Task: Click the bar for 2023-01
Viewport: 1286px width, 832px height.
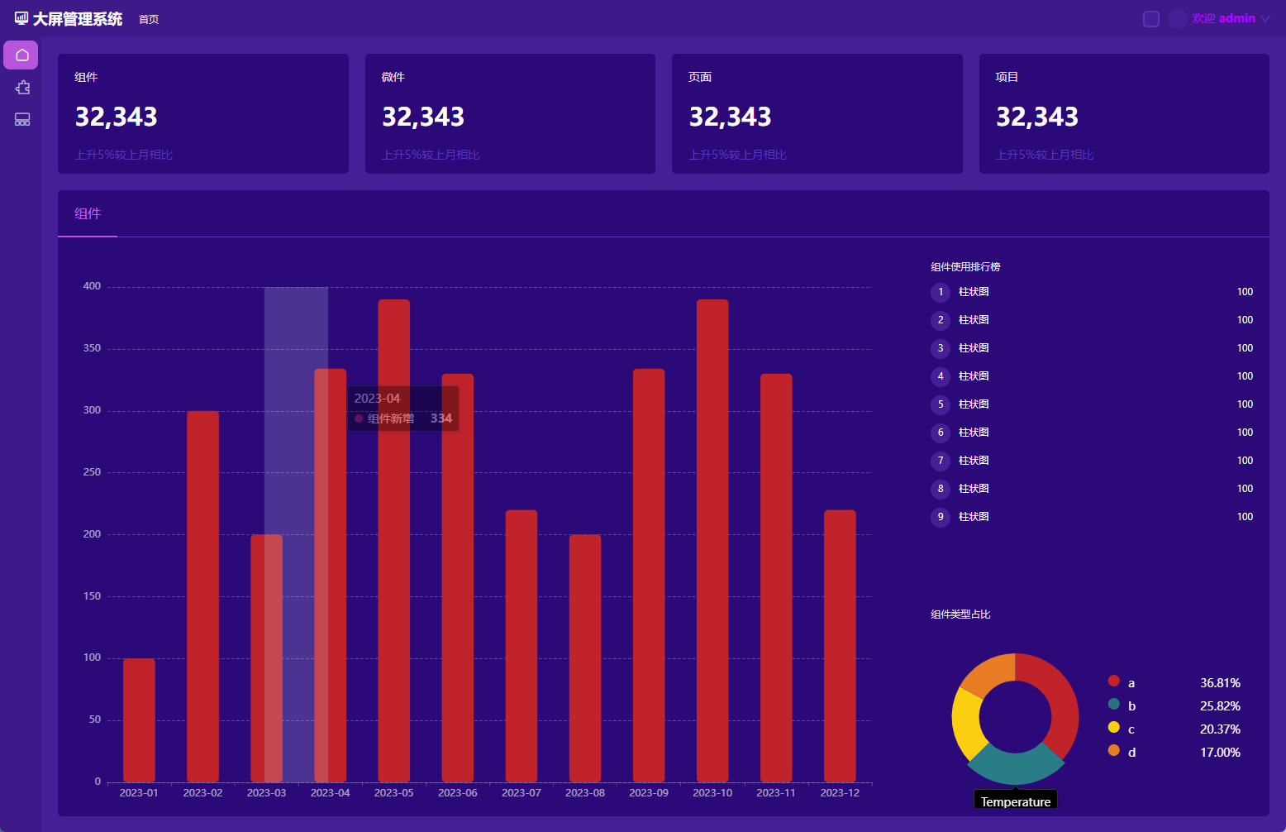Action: pos(139,720)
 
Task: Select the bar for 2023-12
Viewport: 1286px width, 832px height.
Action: pos(840,645)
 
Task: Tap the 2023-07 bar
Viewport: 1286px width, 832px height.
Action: pos(522,645)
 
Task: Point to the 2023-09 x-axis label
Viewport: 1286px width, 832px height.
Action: pos(649,793)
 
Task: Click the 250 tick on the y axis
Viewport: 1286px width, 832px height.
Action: pos(92,472)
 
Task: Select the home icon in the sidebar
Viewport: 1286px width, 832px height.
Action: pos(22,55)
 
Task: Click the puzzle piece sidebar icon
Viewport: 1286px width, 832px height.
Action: pos(22,88)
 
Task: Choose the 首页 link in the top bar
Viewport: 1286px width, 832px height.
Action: pos(149,19)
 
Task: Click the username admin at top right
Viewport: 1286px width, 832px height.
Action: pos(1236,18)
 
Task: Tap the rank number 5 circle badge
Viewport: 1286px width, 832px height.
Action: pos(941,404)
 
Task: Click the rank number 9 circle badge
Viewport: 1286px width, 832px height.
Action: pos(941,517)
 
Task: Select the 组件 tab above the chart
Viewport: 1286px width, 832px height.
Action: pos(88,214)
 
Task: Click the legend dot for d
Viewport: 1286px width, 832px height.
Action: pos(1114,751)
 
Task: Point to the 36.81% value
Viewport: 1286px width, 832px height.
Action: pos(1220,683)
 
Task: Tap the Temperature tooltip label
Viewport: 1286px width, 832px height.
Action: pos(1016,801)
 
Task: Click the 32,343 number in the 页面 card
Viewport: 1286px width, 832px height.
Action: pos(731,117)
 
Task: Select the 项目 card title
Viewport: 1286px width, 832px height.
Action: pos(1007,77)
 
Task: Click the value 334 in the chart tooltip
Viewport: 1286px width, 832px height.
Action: pos(441,418)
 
